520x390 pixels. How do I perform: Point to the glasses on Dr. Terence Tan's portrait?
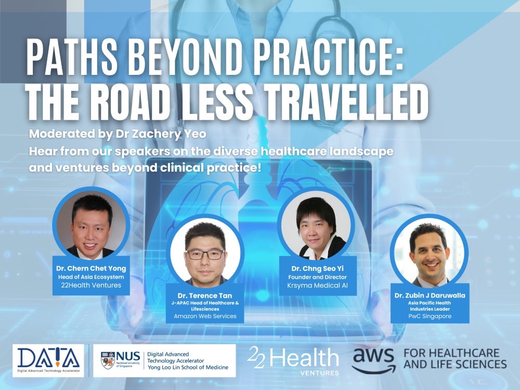point(205,254)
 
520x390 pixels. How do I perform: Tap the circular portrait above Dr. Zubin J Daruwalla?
point(428,252)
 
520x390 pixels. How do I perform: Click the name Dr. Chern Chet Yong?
point(91,268)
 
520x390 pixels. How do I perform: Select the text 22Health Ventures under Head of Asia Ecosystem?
point(91,285)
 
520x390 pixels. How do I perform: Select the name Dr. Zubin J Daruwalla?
point(428,295)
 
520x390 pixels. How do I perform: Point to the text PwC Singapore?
point(428,316)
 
